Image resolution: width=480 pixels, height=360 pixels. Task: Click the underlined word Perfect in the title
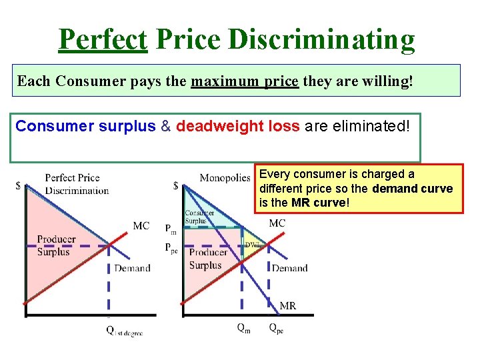coord(102,40)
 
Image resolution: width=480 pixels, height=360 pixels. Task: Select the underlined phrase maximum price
coord(245,81)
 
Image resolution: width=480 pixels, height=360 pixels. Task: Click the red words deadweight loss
coord(237,126)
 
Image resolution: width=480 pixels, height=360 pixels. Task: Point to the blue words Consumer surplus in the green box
coord(85,126)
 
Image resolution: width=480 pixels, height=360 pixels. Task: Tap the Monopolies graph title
coord(225,177)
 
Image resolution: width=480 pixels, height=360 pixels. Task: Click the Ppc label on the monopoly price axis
coord(172,247)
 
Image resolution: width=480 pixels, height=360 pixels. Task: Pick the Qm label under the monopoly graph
coord(244,328)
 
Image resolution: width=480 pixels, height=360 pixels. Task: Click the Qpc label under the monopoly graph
coord(276,328)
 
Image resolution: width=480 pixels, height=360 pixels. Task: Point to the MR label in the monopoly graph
coord(287,306)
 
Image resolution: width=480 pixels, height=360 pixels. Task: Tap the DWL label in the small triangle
coord(252,245)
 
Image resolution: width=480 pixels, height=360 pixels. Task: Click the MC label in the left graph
coord(141,226)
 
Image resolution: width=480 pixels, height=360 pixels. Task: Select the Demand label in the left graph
coord(132,268)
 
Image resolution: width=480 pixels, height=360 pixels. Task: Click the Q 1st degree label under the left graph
coord(124,332)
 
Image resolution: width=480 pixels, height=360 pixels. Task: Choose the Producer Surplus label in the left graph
coord(56,245)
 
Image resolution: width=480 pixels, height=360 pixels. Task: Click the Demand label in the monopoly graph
coord(289,268)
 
